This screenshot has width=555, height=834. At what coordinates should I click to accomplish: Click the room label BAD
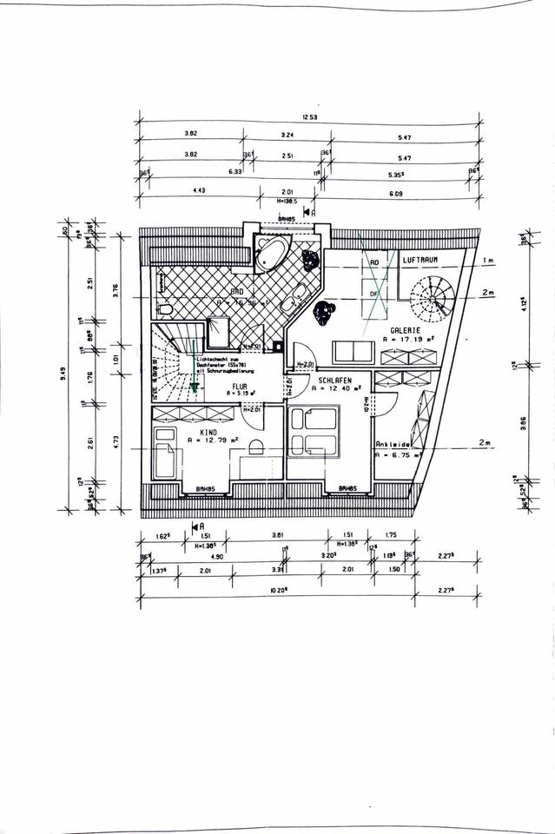pos(235,292)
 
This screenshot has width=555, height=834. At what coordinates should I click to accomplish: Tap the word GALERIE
pos(406,331)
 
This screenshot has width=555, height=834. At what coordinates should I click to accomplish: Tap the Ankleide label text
pos(392,444)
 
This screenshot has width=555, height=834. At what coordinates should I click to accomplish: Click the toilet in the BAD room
pos(166,308)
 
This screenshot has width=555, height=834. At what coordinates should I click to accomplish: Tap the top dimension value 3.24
pos(287,135)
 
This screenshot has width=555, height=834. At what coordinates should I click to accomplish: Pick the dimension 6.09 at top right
pos(395,192)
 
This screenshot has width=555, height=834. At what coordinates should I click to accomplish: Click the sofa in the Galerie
pos(355,353)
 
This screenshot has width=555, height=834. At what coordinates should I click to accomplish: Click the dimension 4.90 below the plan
pos(191,556)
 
